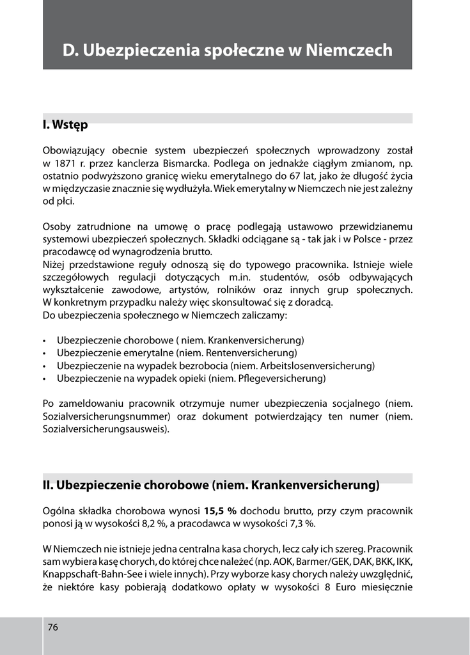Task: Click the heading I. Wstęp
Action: (x=65, y=124)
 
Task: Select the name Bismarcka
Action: (x=185, y=163)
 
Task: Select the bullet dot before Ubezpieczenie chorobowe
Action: (x=44, y=341)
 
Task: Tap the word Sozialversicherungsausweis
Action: (x=105, y=429)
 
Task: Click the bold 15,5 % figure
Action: (x=221, y=511)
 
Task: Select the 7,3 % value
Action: (x=300, y=524)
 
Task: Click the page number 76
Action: (x=53, y=627)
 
